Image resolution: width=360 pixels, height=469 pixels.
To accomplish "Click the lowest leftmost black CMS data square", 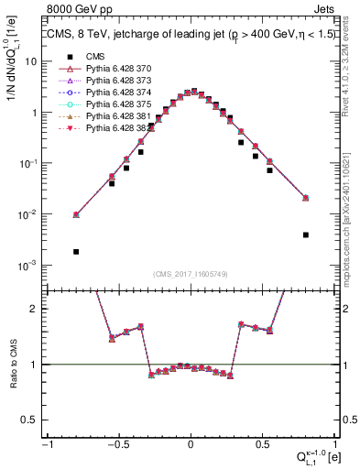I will [x=76, y=251].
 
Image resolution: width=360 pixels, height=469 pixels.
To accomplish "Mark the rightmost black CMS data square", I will [x=305, y=234].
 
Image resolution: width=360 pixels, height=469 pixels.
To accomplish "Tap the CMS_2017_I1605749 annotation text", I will [x=191, y=273].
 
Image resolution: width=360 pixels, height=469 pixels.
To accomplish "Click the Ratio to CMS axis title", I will [x=13, y=365].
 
